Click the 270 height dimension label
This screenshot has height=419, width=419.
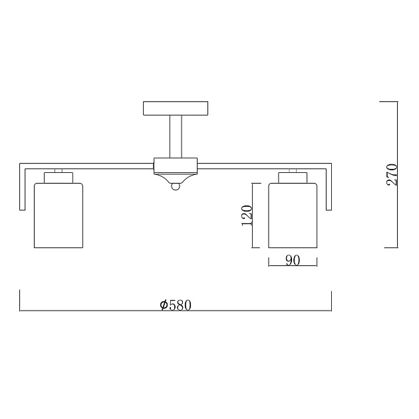[392, 175]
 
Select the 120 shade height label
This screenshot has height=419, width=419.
[247, 215]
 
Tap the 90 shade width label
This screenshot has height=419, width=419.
[293, 260]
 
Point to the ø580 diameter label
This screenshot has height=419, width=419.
[176, 305]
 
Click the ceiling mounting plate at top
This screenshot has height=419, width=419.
[176, 108]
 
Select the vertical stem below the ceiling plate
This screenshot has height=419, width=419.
[176, 136]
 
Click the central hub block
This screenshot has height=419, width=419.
[176, 166]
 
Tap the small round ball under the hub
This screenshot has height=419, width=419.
[176, 186]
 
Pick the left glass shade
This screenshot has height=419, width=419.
[59, 215]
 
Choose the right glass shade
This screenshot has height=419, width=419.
[293, 215]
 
